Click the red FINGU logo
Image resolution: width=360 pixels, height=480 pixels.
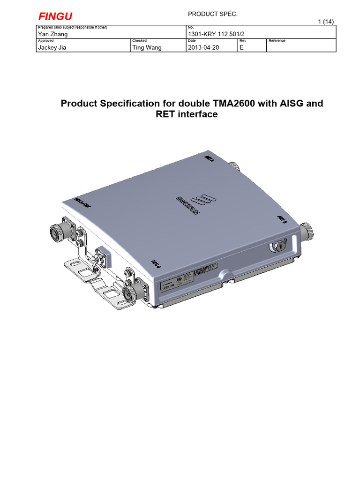point(55,17)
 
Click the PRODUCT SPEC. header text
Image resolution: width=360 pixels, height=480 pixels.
point(213,15)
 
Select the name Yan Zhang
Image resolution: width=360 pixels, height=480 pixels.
point(53,34)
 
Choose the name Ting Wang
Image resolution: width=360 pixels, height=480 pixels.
point(147,47)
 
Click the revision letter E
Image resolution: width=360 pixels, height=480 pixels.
point(242,47)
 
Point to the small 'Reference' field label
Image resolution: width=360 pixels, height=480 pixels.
point(277,41)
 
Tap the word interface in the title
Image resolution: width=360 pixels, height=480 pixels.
point(197,114)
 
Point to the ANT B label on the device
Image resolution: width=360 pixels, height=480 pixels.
point(282,219)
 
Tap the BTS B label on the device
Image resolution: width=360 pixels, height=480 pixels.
point(156,263)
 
